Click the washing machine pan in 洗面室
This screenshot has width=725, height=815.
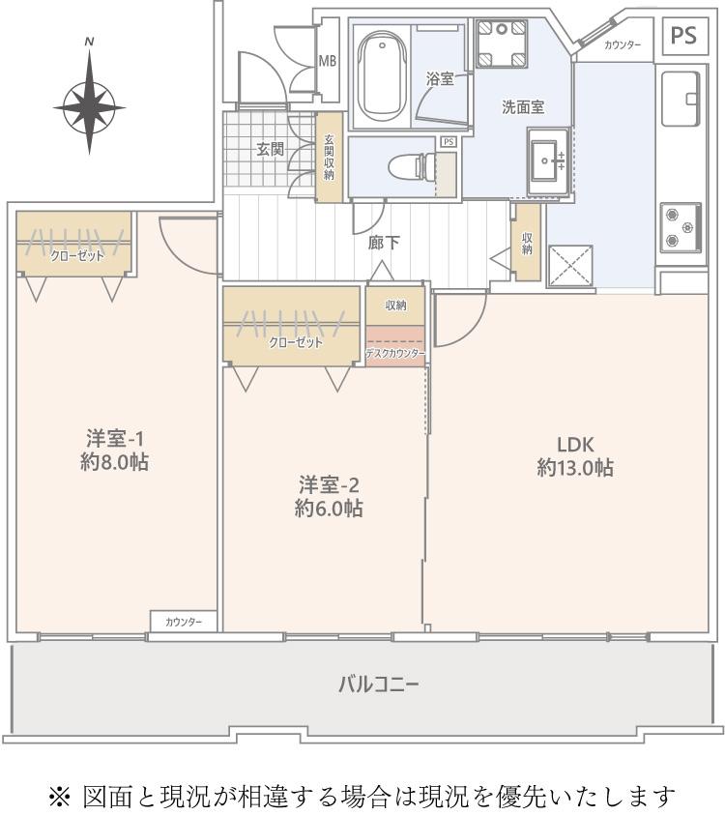point(502,44)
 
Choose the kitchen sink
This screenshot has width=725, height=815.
point(681,99)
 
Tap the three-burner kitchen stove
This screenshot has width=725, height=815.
point(681,227)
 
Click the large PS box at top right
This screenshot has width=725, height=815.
point(684,36)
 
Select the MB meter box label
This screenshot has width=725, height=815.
point(328,61)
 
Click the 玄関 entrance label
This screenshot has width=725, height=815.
point(271,150)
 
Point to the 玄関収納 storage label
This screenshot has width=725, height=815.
point(329,158)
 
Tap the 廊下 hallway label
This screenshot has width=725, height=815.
point(384,243)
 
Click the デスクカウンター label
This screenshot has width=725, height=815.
point(395,354)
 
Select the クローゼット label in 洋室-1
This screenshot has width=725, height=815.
point(77,256)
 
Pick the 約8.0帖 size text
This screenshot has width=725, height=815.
point(114,462)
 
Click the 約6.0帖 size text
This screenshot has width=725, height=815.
point(329,508)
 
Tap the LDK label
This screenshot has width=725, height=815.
point(575,445)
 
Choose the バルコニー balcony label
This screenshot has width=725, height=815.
point(378,684)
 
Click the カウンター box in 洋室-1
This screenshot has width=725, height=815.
point(184,622)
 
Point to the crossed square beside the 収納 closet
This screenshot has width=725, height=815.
point(570,266)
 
